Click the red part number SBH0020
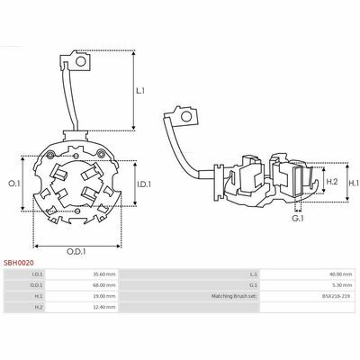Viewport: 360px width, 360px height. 19,263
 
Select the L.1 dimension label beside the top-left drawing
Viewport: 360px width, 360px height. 140,91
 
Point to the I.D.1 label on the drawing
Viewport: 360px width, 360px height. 144,184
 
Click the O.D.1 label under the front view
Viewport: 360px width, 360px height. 76,251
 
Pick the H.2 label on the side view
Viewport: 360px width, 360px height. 332,182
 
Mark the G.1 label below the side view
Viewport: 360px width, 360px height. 298,219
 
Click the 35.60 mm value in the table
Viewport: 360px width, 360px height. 104,274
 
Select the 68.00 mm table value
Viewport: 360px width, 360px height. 104,285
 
